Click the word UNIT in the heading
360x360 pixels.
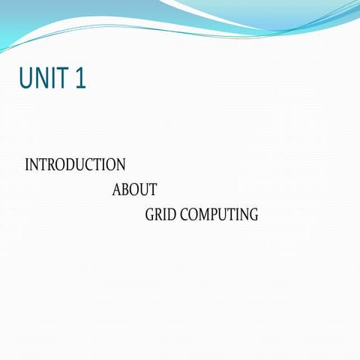coord(43,78)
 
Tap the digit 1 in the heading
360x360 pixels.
coord(80,78)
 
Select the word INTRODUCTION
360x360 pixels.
coord(75,165)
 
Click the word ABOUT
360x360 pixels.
coord(134,190)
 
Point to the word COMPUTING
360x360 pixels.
coord(217,215)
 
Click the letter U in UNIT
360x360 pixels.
coord(26,78)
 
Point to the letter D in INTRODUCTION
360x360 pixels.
coord(76,165)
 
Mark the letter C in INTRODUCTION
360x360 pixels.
coord(95,165)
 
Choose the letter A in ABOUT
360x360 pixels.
coord(117,190)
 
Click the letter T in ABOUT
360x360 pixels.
coord(152,190)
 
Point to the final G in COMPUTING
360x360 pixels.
coord(253,215)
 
